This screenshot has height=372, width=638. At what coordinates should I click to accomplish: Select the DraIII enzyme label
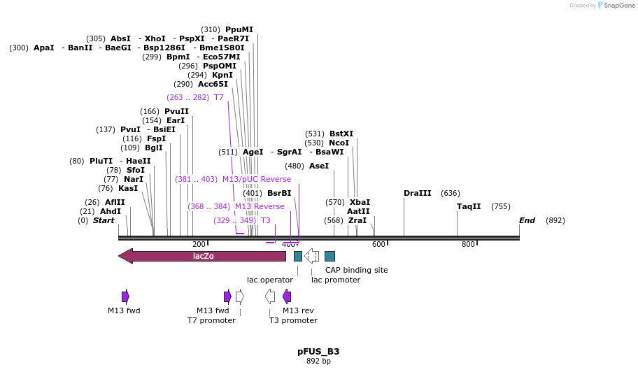[418, 193]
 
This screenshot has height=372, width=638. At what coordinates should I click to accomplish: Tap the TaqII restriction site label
[469, 206]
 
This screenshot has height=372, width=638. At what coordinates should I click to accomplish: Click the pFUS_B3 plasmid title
[318, 351]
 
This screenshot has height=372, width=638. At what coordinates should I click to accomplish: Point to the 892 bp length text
[318, 361]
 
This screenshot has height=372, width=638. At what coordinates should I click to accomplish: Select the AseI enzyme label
[318, 166]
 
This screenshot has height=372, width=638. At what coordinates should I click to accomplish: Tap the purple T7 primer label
[219, 97]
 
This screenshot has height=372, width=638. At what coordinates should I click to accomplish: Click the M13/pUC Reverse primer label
[257, 179]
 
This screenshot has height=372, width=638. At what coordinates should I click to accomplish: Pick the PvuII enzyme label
[176, 111]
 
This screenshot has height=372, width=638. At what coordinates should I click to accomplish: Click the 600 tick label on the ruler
[378, 244]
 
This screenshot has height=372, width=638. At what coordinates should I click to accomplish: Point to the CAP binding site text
[356, 270]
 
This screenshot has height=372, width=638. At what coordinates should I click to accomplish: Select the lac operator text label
[270, 280]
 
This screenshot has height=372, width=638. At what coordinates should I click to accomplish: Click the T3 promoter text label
[293, 320]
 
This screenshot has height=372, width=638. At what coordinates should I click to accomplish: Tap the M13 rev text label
[298, 310]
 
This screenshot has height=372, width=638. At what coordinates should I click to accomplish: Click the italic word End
[527, 220]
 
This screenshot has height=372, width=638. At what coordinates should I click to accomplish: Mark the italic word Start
[104, 220]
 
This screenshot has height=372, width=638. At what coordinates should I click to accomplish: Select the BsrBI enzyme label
[279, 193]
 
